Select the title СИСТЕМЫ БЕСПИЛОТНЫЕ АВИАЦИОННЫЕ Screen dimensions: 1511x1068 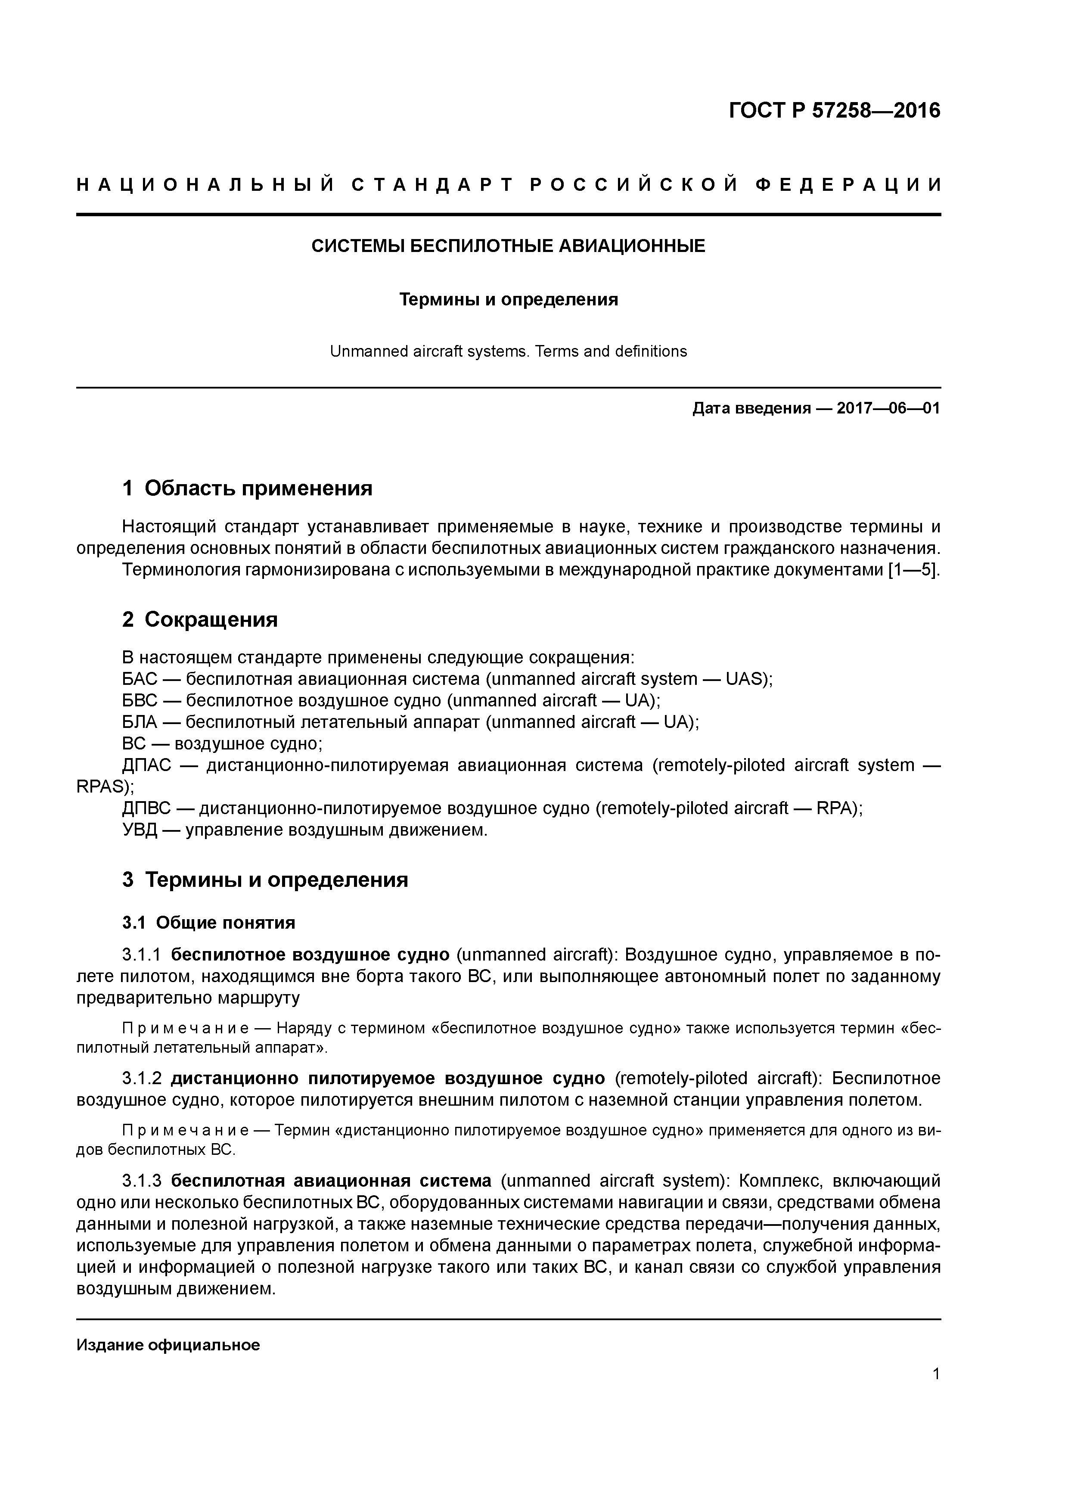pyautogui.click(x=508, y=247)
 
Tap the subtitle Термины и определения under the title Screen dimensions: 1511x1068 pyautogui.click(x=509, y=300)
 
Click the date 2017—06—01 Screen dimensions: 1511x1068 pyautogui.click(x=888, y=409)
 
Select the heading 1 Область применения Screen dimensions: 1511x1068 pyautogui.click(x=248, y=488)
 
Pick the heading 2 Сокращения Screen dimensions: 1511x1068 pyautogui.click(x=200, y=619)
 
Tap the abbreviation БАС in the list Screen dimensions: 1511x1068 pyautogui.click(x=140, y=679)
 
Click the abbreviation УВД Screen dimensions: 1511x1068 pyautogui.click(x=140, y=830)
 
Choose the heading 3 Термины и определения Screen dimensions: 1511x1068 pyautogui.click(x=265, y=880)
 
